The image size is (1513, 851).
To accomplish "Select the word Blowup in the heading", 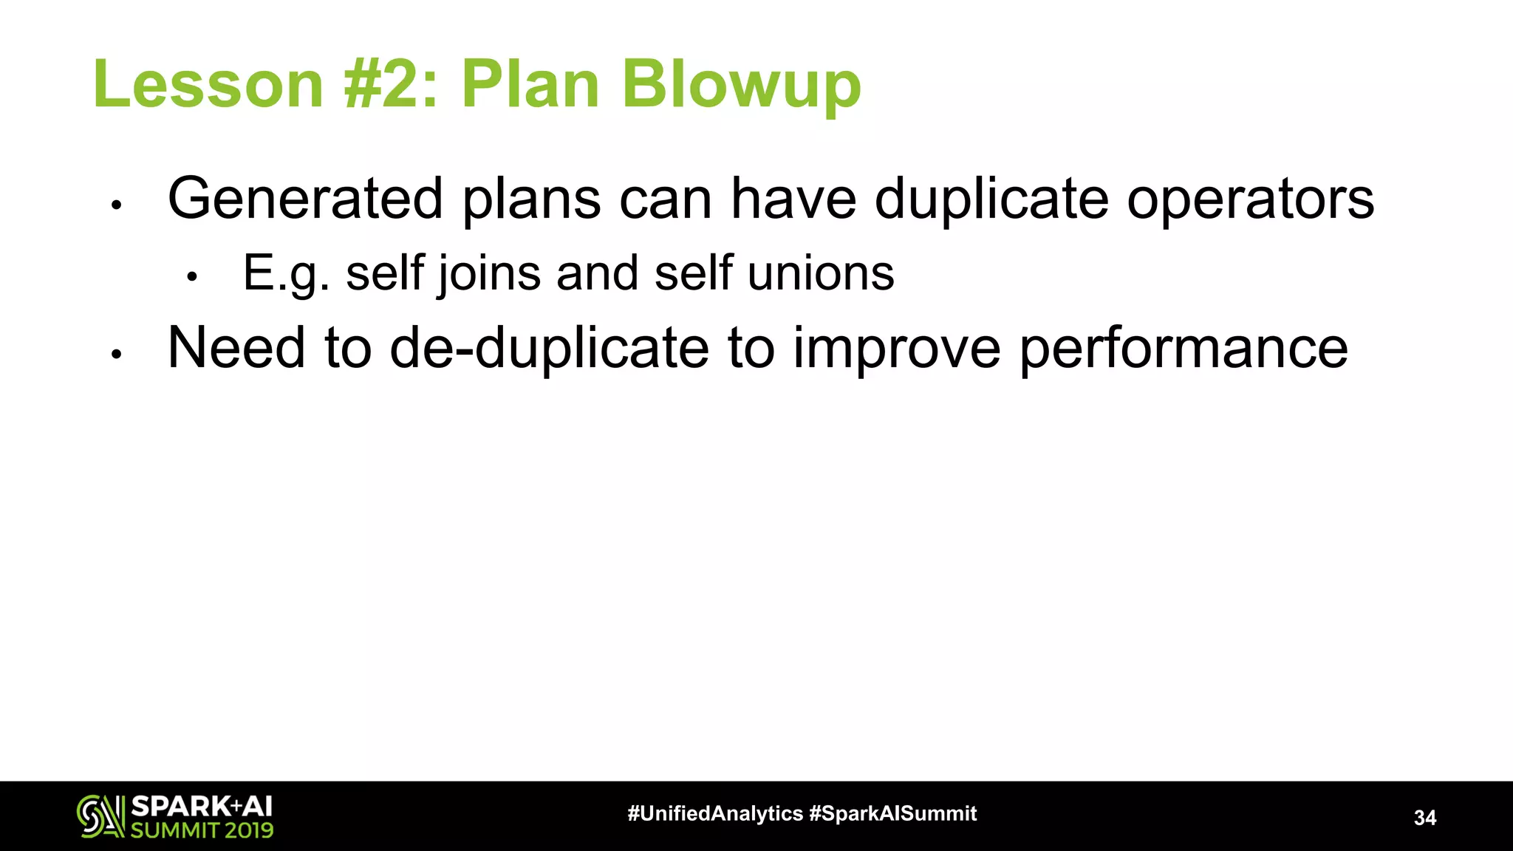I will pos(741,85).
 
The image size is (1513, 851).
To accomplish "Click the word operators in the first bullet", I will pos(1250,199).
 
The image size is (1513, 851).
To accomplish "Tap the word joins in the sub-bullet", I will pos(488,273).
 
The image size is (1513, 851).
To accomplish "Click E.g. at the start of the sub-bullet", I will pos(286,273).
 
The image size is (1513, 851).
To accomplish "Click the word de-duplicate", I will pos(549,348).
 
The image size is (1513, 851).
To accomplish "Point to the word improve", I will pos(896,349).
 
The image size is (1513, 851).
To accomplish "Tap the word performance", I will pos(1184,349).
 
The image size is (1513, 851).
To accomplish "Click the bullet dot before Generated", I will pos(116,205).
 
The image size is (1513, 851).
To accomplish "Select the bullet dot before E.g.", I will pos(192,278).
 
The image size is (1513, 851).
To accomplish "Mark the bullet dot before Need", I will pos(116,354).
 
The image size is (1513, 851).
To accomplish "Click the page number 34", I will pos(1424,818).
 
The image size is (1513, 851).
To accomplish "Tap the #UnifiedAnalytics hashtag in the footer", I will pos(714,813).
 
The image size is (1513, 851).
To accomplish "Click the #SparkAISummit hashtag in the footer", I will pos(892,813).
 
